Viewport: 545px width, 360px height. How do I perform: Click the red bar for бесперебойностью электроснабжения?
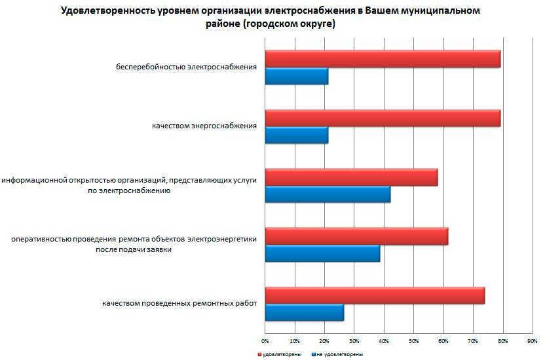pyautogui.click(x=383, y=59)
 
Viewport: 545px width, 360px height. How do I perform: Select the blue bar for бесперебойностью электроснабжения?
pyautogui.click(x=297, y=76)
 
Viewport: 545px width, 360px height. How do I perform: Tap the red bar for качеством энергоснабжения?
pyautogui.click(x=383, y=118)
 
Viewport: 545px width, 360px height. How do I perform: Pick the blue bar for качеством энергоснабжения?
pyautogui.click(x=297, y=135)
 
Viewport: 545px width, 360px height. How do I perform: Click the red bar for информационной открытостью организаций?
pyautogui.click(x=351, y=177)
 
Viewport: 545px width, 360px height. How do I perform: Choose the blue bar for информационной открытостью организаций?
pyautogui.click(x=328, y=194)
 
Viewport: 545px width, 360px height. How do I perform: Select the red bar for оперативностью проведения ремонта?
pyautogui.click(x=356, y=236)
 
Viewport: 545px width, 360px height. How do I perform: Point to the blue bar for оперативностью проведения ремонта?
pyautogui.click(x=322, y=253)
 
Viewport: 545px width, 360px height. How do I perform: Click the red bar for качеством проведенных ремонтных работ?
pyautogui.click(x=375, y=296)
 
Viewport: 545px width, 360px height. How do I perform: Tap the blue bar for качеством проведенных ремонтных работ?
pyautogui.click(x=305, y=313)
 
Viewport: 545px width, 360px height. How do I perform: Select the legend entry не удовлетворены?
pyautogui.click(x=340, y=354)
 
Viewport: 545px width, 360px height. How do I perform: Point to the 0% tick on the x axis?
pyautogui.click(x=265, y=341)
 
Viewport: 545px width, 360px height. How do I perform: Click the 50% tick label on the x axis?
pyautogui.click(x=413, y=341)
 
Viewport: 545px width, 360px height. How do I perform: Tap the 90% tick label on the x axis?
pyautogui.click(x=532, y=341)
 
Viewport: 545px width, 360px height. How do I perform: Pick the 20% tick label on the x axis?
pyautogui.click(x=324, y=341)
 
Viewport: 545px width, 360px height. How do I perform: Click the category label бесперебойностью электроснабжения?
pyautogui.click(x=185, y=67)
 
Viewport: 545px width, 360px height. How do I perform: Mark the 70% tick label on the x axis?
pyautogui.click(x=472, y=341)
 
